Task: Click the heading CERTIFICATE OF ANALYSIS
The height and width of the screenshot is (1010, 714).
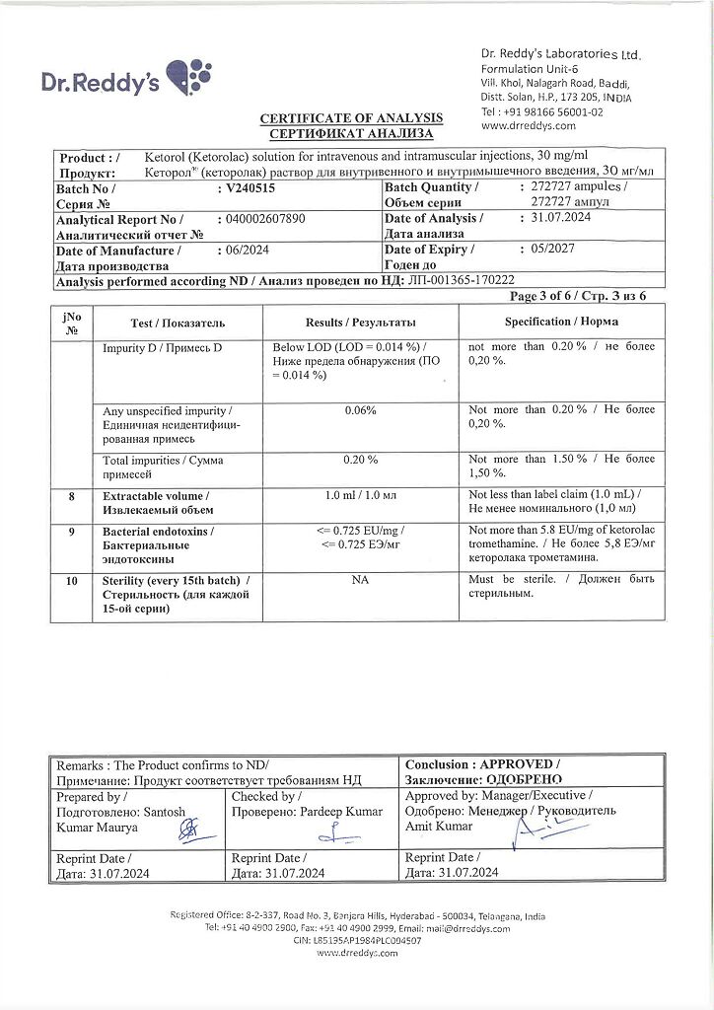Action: pos(351,118)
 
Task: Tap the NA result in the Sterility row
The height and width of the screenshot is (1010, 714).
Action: pos(360,581)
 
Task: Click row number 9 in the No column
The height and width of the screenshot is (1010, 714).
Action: pos(71,532)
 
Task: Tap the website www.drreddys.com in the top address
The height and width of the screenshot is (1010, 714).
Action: pos(522,126)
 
